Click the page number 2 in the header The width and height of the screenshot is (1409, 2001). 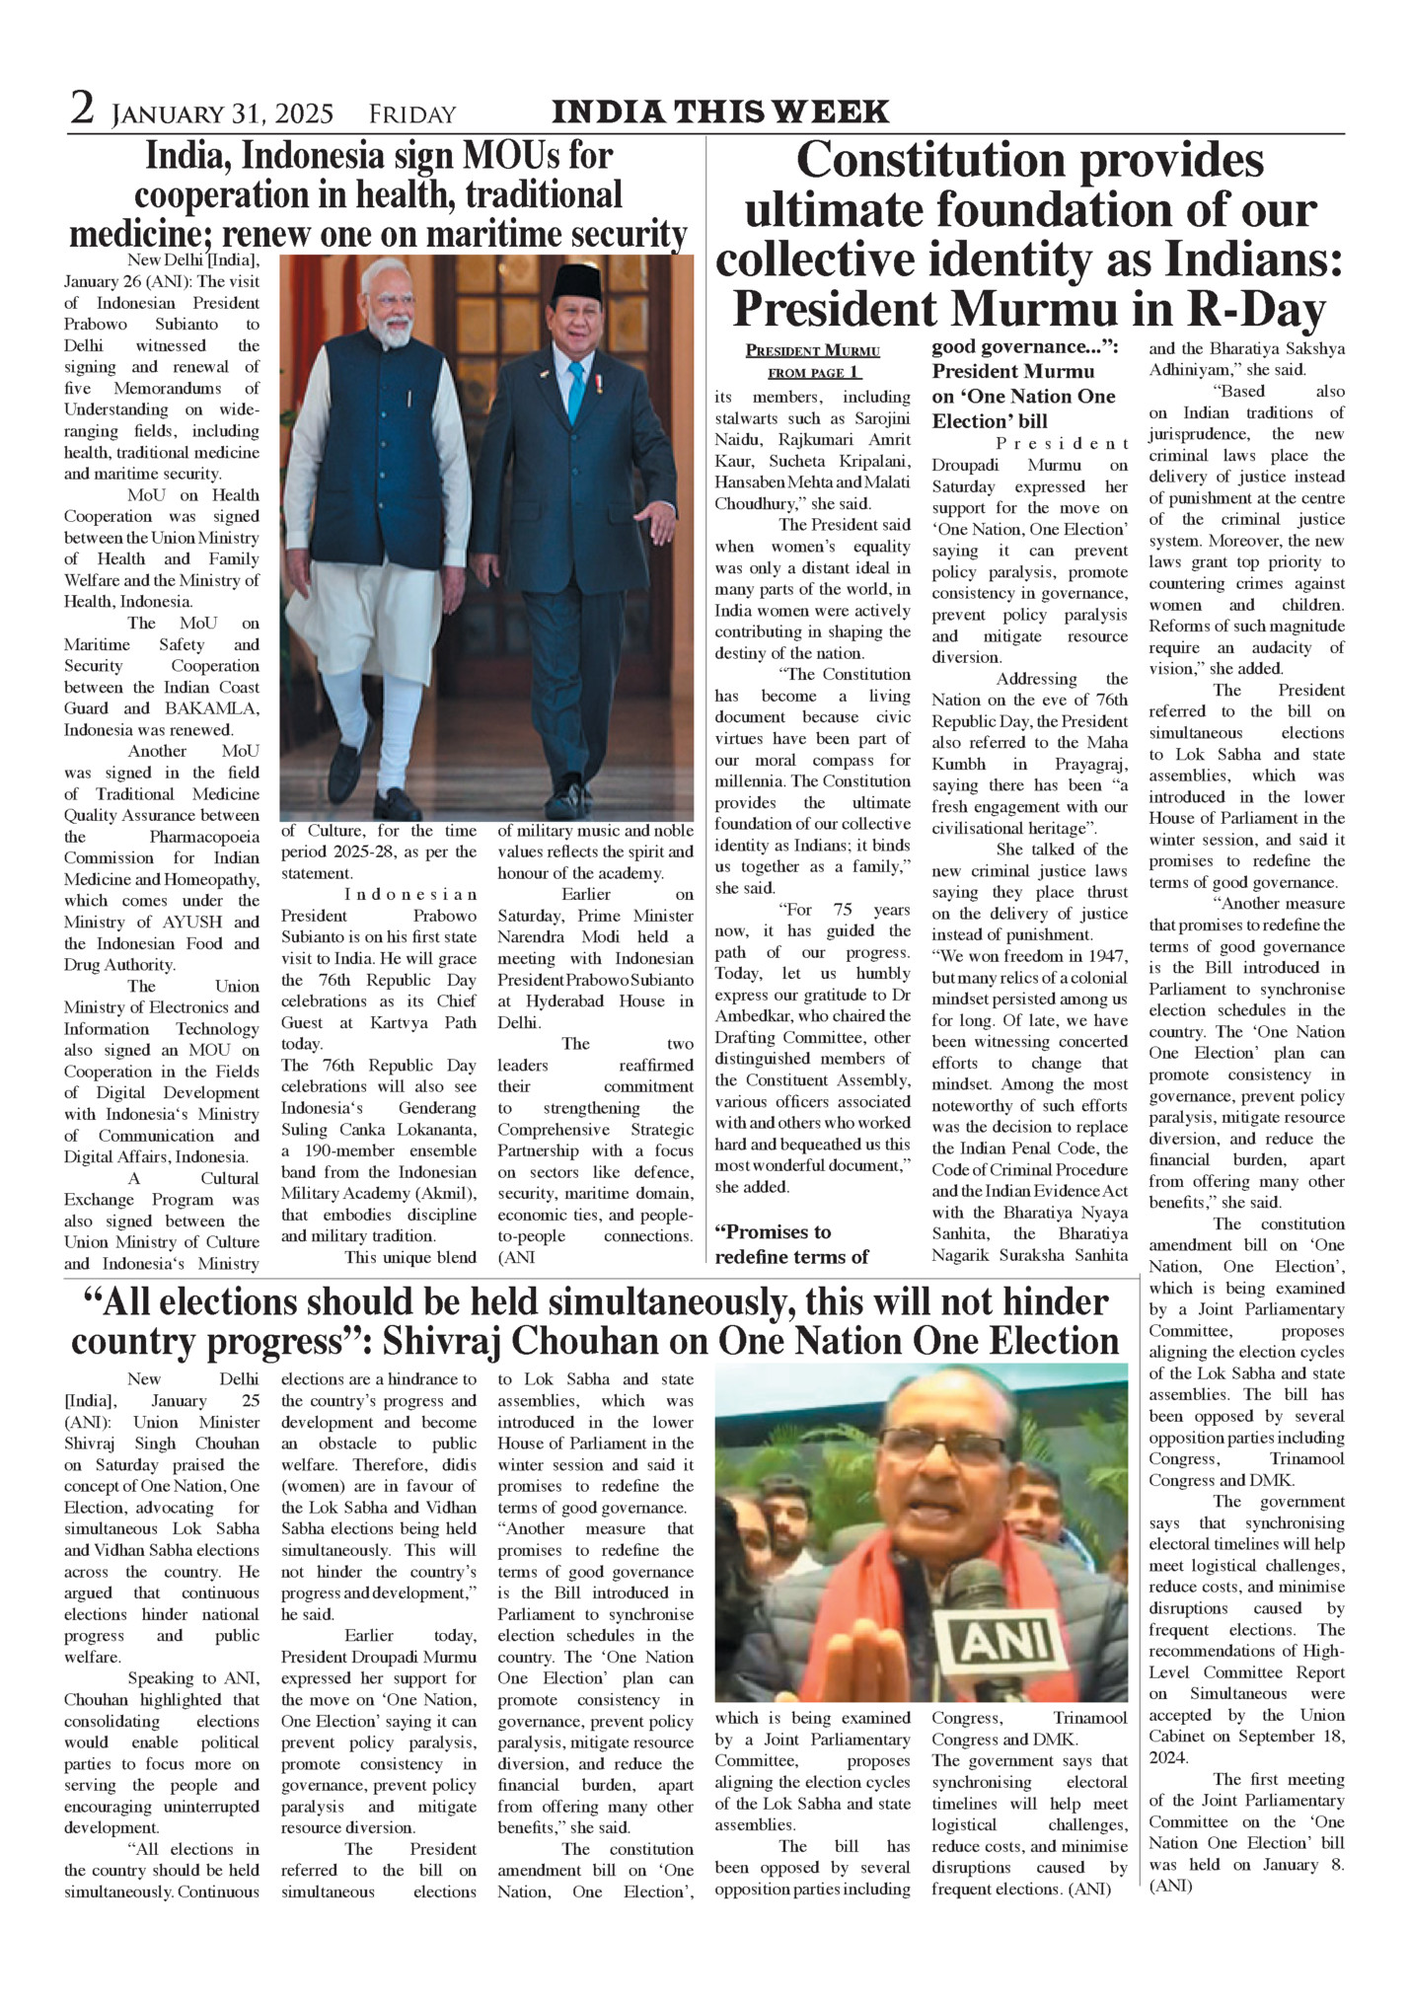pyautogui.click(x=82, y=110)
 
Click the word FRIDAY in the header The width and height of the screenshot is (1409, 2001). pyautogui.click(x=412, y=114)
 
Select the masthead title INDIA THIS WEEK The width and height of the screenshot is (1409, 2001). pyautogui.click(x=720, y=112)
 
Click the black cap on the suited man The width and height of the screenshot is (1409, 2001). pyautogui.click(x=576, y=282)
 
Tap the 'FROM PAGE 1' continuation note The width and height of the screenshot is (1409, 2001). pyautogui.click(x=814, y=373)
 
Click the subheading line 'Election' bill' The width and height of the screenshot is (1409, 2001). pyautogui.click(x=990, y=421)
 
